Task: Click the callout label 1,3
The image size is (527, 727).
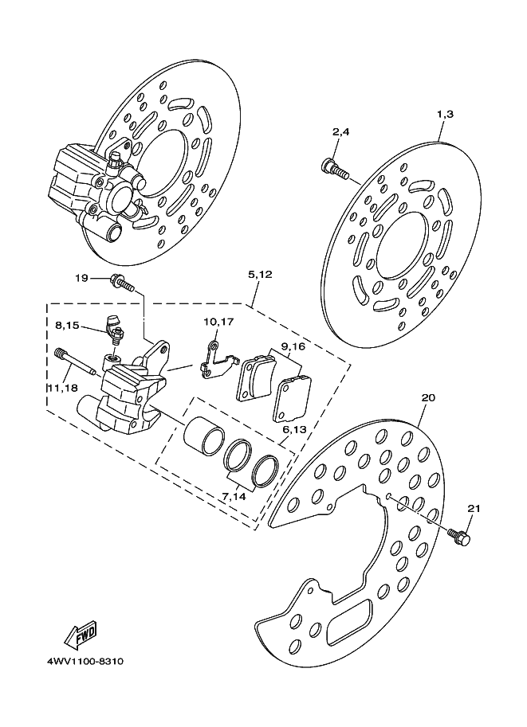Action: point(445,115)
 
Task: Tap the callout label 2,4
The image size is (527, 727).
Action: point(340,132)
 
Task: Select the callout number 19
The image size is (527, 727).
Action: point(81,278)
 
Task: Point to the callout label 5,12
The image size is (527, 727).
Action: point(260,275)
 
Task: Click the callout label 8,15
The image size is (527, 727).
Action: point(67,326)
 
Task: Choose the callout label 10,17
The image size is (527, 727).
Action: point(218,322)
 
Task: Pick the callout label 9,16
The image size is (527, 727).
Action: point(293,346)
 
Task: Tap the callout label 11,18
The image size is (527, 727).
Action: point(62,387)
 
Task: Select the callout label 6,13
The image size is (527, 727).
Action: point(294,430)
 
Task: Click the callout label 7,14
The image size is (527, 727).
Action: point(234,497)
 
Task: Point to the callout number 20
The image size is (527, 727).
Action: point(428,397)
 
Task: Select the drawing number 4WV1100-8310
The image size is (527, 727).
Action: point(85,661)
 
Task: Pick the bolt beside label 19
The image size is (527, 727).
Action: point(123,283)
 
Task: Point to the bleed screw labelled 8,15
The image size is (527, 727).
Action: point(114,328)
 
